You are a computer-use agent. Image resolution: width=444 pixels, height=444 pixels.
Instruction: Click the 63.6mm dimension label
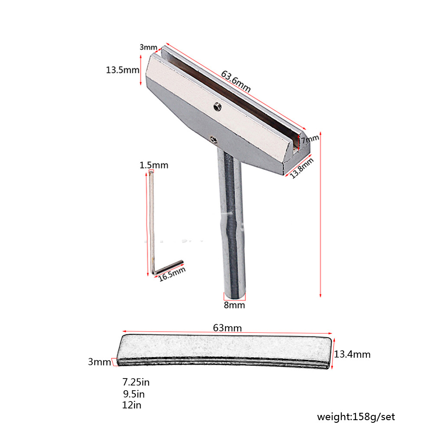click(235, 81)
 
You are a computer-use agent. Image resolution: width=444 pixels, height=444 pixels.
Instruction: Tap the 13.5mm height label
click(122, 70)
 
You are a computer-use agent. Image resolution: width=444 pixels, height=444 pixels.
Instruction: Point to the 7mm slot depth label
click(310, 139)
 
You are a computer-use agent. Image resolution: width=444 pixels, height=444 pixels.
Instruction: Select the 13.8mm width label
click(302, 168)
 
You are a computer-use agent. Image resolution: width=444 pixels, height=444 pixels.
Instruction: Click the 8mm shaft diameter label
click(234, 305)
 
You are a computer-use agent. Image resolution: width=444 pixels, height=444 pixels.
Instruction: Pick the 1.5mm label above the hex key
click(154, 165)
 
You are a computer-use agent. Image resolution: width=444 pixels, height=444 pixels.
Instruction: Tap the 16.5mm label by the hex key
click(172, 274)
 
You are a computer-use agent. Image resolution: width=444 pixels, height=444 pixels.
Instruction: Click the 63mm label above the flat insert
click(227, 328)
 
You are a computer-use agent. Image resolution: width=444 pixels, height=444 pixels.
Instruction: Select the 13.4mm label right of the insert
click(352, 354)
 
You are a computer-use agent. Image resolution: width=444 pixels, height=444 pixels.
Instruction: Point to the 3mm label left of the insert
click(99, 362)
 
